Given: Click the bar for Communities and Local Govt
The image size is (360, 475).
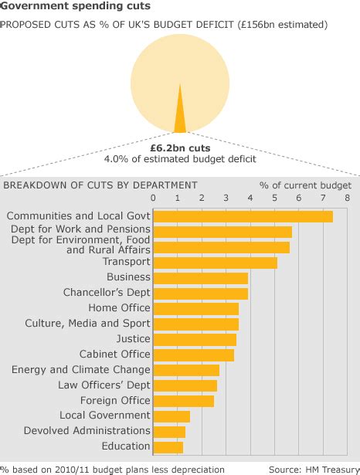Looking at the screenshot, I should coord(243,216).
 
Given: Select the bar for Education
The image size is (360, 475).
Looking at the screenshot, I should coord(168,446).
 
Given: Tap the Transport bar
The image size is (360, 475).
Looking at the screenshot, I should coord(216,263).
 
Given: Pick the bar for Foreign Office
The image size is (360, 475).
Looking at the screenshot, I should coord(184,401).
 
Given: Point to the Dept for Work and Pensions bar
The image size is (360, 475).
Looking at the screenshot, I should coord(222,232).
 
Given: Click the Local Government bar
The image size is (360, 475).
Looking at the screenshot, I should coord(172,416).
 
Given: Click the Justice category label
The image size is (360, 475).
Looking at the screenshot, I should coord(133,339).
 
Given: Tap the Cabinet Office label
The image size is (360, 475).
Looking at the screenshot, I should coord(114,355).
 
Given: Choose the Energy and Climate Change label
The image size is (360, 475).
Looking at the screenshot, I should coord(80,370).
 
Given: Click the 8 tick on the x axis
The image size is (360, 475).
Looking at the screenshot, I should coord(348,198).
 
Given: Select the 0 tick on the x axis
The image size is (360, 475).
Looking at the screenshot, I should coord(154,198).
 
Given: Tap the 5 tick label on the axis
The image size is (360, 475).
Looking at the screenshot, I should coord(275,198).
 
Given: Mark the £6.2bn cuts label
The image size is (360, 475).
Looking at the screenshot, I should coord(180,147).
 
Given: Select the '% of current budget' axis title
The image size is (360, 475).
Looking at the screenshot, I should coord(305,185).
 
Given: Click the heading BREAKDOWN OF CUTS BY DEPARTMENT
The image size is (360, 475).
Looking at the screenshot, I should coord(100,185).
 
